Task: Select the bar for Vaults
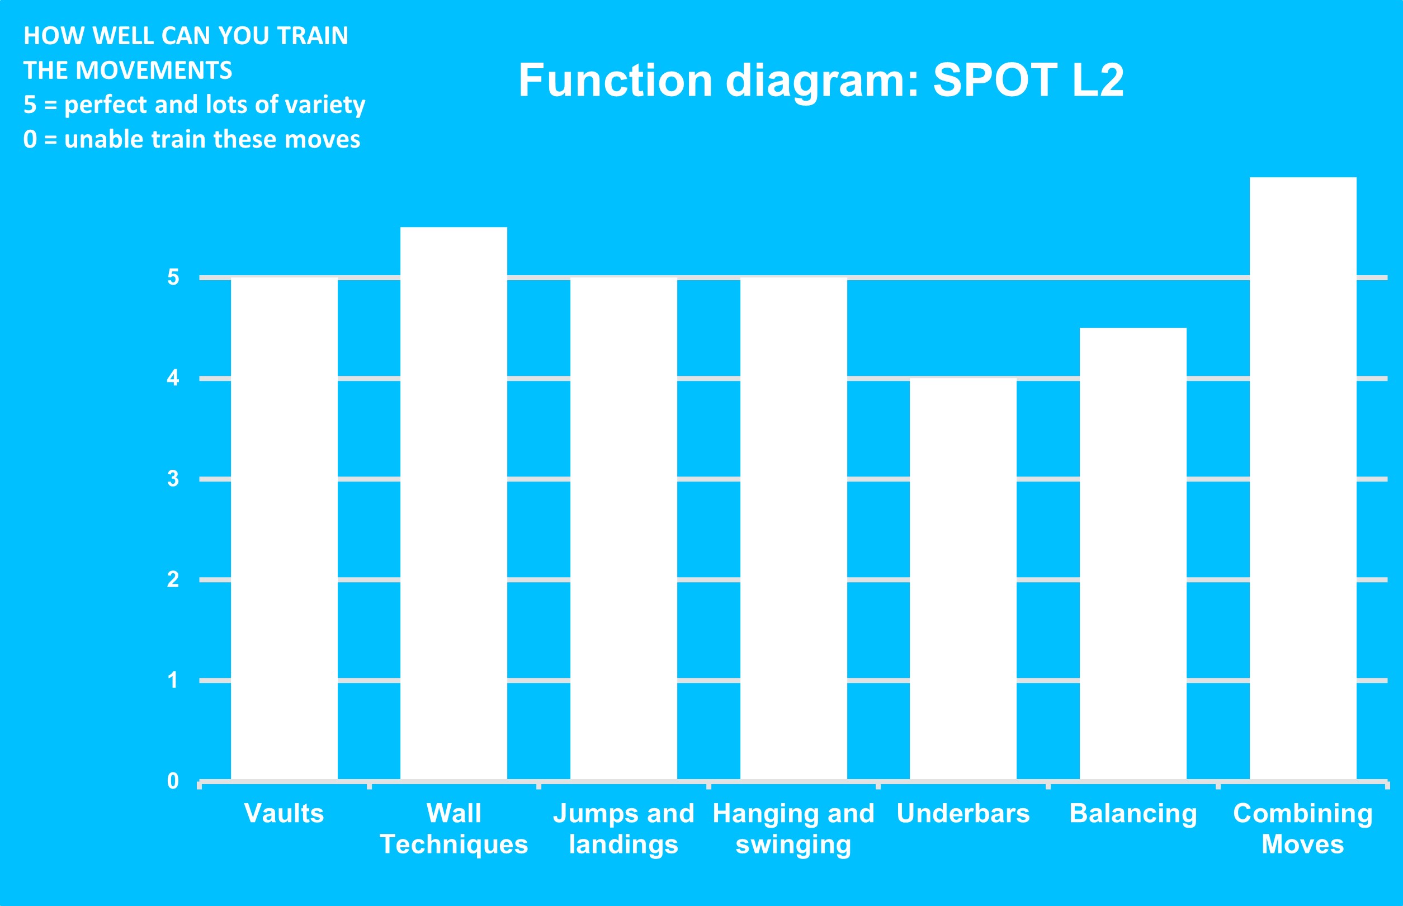pyautogui.click(x=284, y=529)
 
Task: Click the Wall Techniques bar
pyautogui.click(x=454, y=503)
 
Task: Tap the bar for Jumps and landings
pyautogui.click(x=623, y=529)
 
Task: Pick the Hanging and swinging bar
pyautogui.click(x=793, y=529)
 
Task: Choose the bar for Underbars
pyautogui.click(x=963, y=579)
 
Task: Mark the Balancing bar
pyautogui.click(x=1133, y=554)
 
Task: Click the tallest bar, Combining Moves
pyautogui.click(x=1303, y=479)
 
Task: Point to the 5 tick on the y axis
pyautogui.click(x=173, y=277)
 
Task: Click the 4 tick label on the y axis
pyautogui.click(x=173, y=377)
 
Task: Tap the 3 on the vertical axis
pyautogui.click(x=173, y=479)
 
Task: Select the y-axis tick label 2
pyautogui.click(x=173, y=579)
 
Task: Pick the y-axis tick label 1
pyautogui.click(x=173, y=680)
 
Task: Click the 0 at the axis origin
pyautogui.click(x=173, y=781)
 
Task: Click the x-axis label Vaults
pyautogui.click(x=284, y=814)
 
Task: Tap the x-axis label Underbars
pyautogui.click(x=963, y=814)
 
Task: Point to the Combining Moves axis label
pyautogui.click(x=1303, y=829)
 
